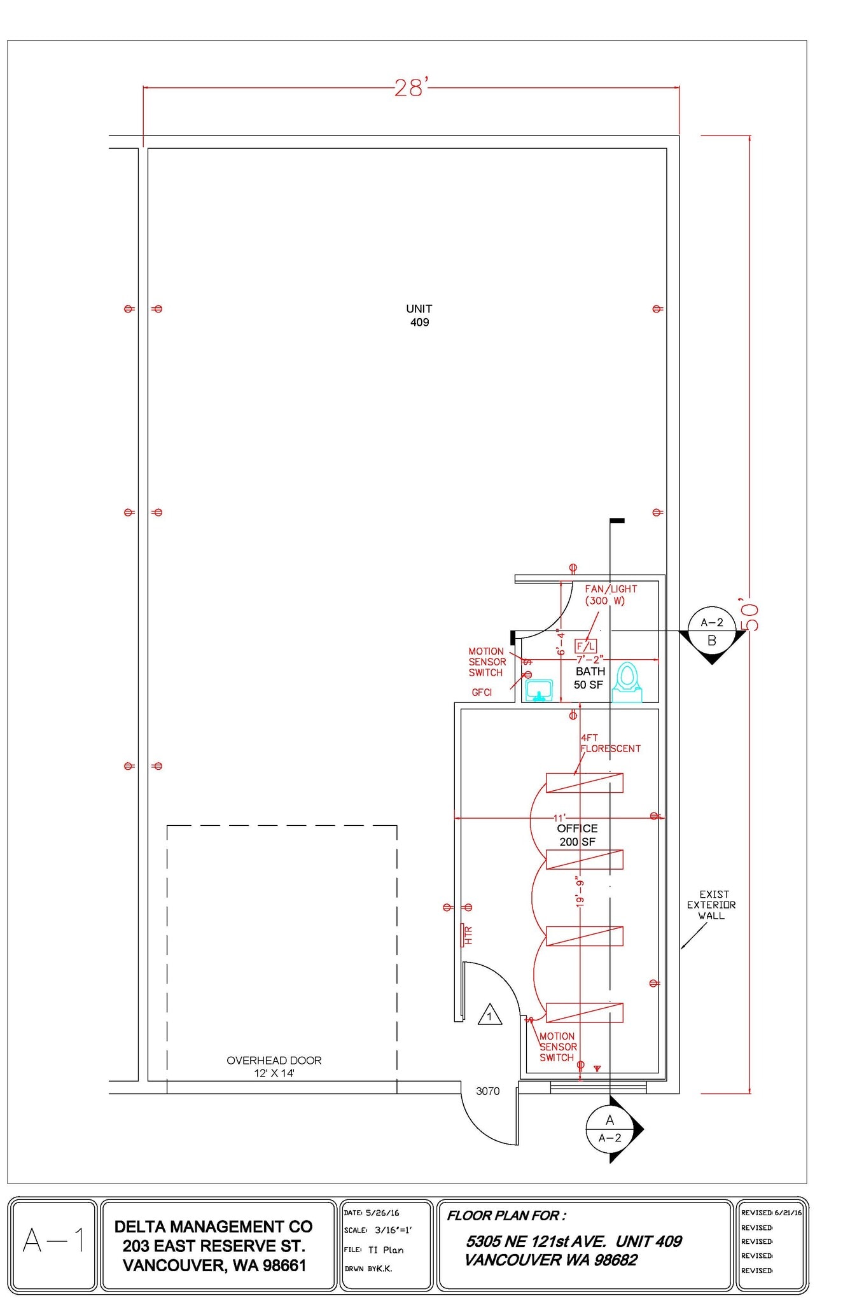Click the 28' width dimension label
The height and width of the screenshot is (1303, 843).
(x=411, y=88)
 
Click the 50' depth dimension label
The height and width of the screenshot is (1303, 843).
(x=749, y=614)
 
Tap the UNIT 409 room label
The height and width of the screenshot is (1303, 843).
(x=419, y=316)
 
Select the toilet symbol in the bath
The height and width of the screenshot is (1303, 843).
(x=627, y=682)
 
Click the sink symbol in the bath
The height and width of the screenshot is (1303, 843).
(x=539, y=690)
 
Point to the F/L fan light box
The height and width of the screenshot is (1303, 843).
(x=585, y=646)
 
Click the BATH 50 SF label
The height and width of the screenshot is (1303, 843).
(x=589, y=678)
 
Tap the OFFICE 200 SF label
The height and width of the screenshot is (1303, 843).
(x=577, y=835)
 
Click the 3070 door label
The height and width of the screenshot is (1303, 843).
(x=488, y=1091)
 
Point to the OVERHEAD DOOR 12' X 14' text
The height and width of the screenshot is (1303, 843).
(x=274, y=1067)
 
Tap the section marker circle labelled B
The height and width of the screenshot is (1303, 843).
(x=712, y=631)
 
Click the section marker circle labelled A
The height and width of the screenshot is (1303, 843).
(x=610, y=1129)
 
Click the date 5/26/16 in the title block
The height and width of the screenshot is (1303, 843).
(x=382, y=1213)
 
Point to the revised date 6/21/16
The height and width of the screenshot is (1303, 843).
(x=788, y=1212)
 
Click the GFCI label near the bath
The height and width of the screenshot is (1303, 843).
(x=482, y=692)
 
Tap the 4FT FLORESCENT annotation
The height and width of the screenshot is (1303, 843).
(x=610, y=743)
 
